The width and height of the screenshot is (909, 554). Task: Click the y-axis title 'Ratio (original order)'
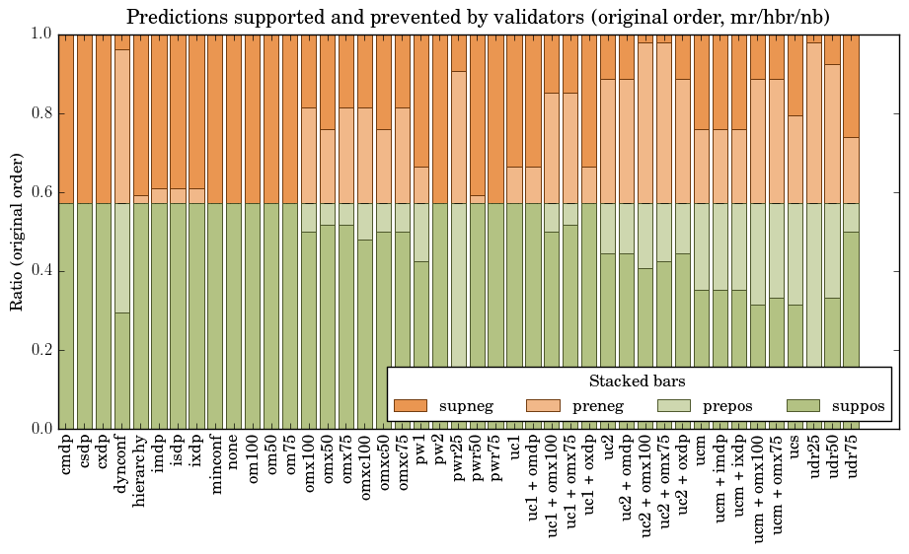click(17, 231)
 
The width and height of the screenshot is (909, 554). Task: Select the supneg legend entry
click(442, 406)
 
